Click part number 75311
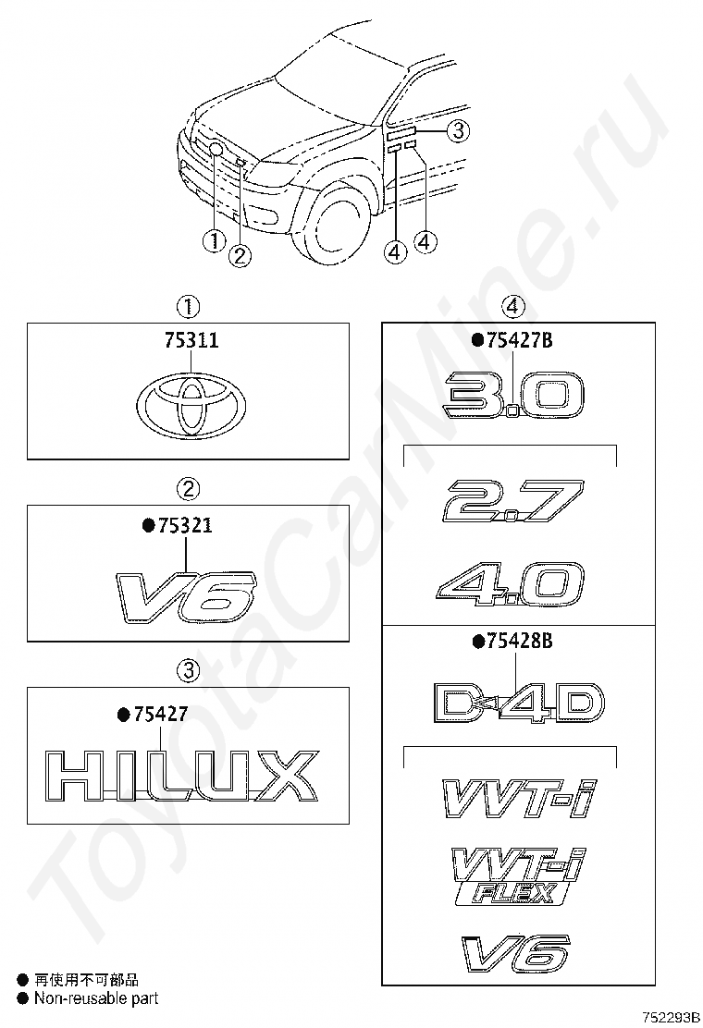191,340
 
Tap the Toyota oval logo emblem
191,406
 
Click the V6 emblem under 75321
187,594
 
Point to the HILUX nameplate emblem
179,776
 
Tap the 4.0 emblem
511,581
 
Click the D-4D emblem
518,703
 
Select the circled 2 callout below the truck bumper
240,255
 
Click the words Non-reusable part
96,998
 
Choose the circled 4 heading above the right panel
513,306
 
